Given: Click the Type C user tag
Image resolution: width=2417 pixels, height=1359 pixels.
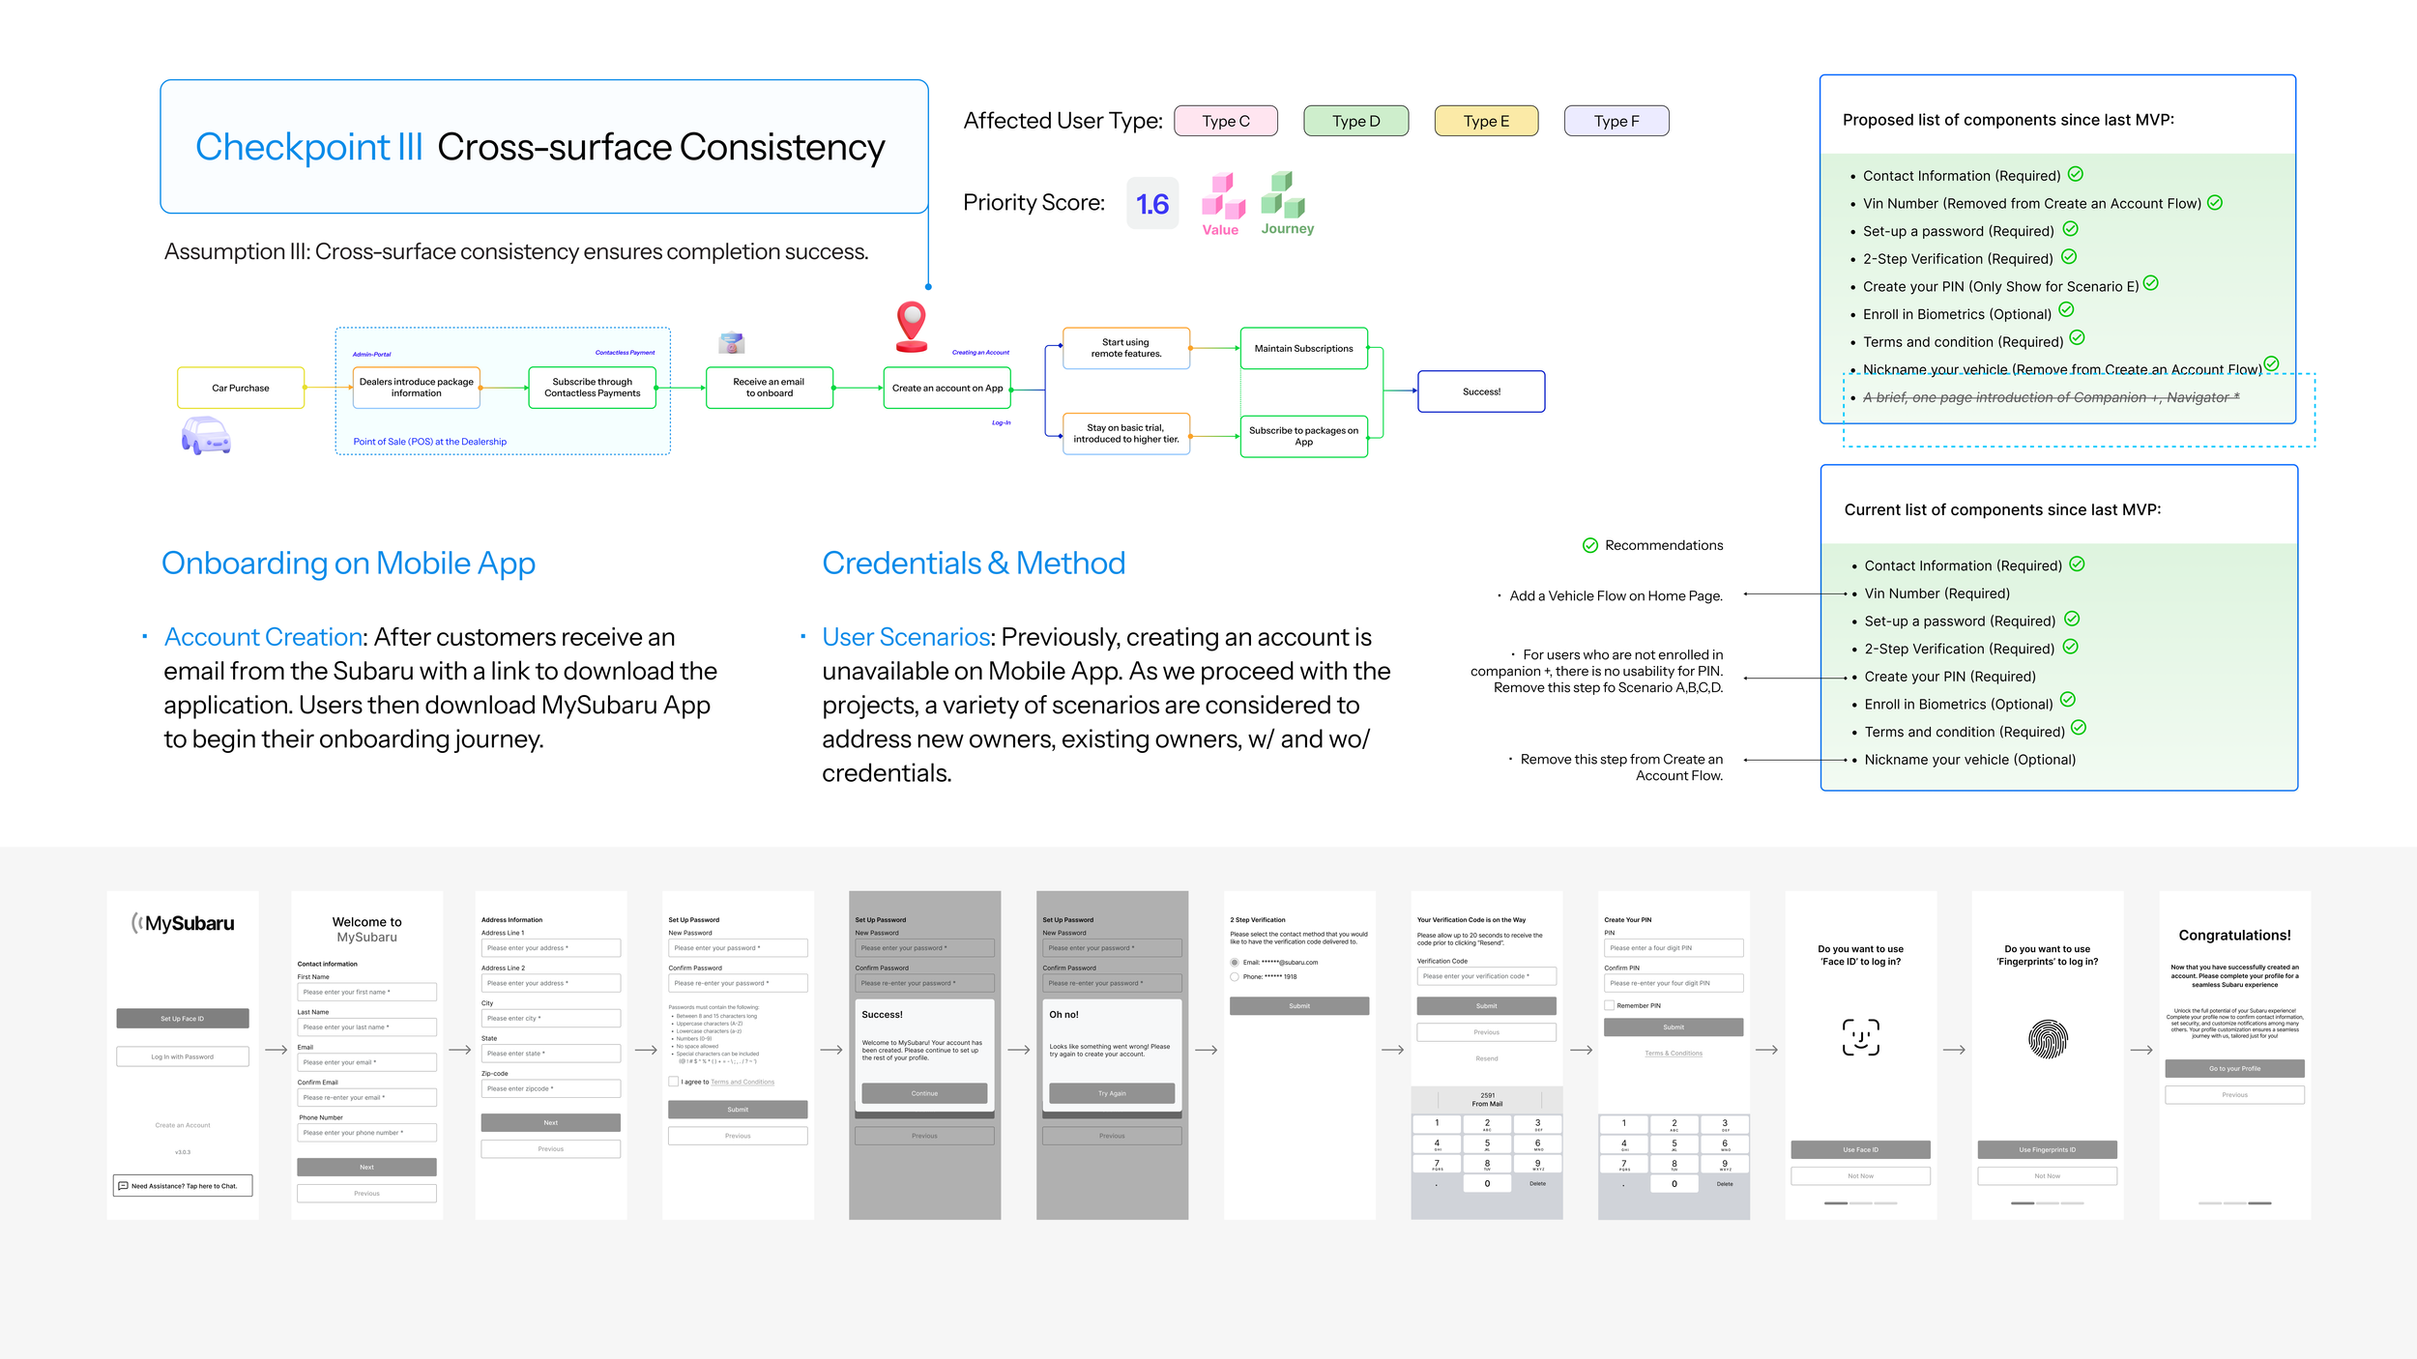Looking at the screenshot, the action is point(1225,121).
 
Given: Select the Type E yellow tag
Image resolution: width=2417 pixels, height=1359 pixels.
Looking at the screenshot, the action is point(1485,121).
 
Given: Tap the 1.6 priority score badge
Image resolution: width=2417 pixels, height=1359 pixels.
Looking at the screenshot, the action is point(1151,203).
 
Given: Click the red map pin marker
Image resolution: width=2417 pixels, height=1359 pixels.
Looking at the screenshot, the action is point(911,324).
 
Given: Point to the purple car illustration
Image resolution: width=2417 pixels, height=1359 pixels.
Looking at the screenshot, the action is point(206,435).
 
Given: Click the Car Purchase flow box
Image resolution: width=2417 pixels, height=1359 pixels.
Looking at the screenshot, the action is point(241,388).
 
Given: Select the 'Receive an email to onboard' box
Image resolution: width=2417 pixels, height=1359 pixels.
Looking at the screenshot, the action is point(769,388).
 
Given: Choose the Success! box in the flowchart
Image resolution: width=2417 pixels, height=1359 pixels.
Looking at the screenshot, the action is point(1480,391).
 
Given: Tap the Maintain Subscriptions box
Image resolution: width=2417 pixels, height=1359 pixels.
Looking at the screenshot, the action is point(1303,348).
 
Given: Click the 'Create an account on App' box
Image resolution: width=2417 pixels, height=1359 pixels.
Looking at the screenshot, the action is point(946,388).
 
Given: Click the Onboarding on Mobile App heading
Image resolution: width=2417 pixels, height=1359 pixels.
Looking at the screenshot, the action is point(348,563).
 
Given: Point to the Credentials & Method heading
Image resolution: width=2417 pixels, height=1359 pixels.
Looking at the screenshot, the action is point(973,563).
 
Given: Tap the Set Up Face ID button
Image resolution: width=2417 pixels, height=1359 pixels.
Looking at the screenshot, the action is point(182,1019).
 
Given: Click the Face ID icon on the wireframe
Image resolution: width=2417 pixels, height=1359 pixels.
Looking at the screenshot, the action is point(1860,1037).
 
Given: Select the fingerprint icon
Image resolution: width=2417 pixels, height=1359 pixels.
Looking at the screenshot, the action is point(2047,1039).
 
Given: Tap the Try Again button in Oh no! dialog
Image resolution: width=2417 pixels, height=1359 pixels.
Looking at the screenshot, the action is point(1111,1093).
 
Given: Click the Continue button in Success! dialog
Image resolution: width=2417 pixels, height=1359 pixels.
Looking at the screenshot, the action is point(923,1093).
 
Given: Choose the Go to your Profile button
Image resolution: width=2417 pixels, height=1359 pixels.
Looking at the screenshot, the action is point(2233,1068).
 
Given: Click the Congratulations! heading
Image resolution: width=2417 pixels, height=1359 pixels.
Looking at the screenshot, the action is point(2233,935).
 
